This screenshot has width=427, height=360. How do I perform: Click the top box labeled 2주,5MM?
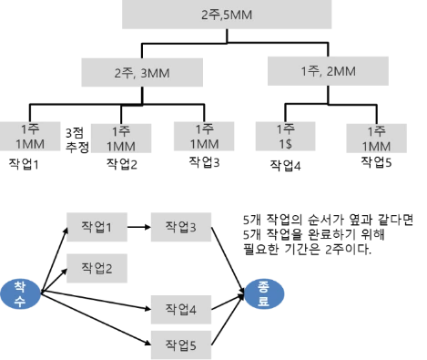(227, 15)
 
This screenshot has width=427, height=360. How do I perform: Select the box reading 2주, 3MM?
(142, 73)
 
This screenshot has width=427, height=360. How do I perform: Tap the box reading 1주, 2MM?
(328, 71)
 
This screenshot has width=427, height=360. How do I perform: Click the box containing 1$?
(285, 137)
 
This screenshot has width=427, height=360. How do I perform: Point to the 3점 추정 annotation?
(77, 139)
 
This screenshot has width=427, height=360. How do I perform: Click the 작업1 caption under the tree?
(24, 164)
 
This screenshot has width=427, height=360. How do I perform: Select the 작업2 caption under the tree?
(122, 164)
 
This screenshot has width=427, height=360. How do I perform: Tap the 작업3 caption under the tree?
(204, 162)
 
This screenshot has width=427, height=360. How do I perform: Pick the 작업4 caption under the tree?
(285, 166)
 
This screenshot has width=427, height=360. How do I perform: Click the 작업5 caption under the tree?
(376, 162)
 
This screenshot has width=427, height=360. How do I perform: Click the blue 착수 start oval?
(20, 294)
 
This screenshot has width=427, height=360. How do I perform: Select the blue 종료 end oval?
(264, 293)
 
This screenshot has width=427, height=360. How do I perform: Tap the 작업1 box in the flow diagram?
(97, 227)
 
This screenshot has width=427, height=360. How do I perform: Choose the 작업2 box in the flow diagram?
(97, 268)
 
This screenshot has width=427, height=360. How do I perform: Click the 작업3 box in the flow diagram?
(181, 227)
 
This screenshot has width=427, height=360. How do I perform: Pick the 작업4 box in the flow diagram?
(181, 309)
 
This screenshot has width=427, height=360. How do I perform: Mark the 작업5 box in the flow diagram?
(181, 345)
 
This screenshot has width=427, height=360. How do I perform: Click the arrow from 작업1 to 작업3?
(139, 227)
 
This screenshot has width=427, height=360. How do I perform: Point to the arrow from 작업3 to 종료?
(228, 261)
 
